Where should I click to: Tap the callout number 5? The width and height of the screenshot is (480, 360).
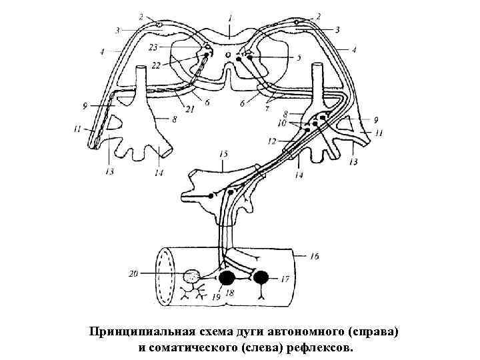click(299, 58)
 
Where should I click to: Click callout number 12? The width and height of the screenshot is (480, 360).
click(271, 141)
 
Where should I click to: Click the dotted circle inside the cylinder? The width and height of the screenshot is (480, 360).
click(193, 276)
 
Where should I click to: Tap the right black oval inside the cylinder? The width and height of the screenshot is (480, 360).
click(259, 276)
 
